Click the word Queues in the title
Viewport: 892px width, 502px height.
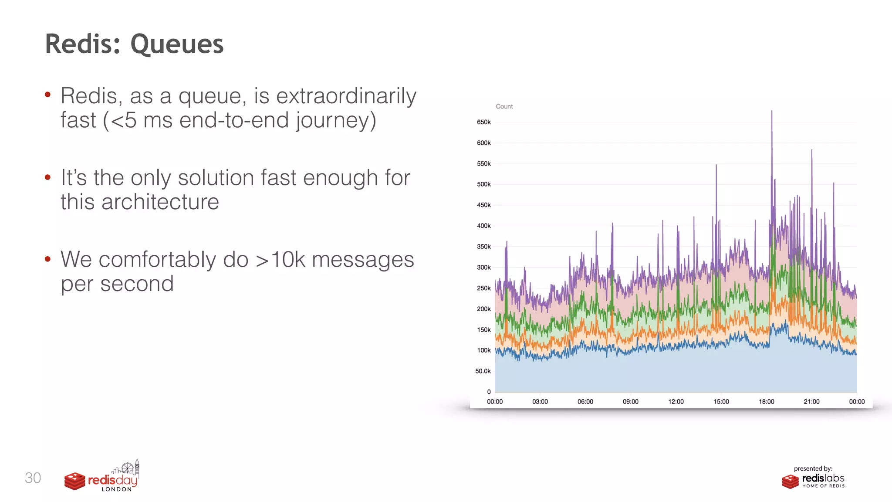pos(177,44)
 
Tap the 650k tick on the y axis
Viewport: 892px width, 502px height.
pos(483,122)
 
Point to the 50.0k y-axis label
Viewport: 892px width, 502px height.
pos(483,371)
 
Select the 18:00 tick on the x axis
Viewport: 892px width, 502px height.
pos(766,402)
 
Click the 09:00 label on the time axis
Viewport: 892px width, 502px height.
pos(630,402)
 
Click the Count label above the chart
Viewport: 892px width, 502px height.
pos(504,106)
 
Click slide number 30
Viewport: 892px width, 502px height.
pos(33,478)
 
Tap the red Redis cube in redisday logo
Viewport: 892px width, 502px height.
pos(74,481)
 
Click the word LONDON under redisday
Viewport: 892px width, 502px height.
pos(116,489)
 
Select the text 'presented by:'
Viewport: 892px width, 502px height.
pos(813,468)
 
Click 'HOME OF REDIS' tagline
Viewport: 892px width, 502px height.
pos(823,486)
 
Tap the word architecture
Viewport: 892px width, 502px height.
pos(160,202)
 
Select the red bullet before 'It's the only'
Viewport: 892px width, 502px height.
pos(47,177)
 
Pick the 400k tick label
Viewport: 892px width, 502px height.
pos(483,226)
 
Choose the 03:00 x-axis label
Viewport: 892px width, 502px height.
pos(540,402)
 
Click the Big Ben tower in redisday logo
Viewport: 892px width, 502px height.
pos(137,467)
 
